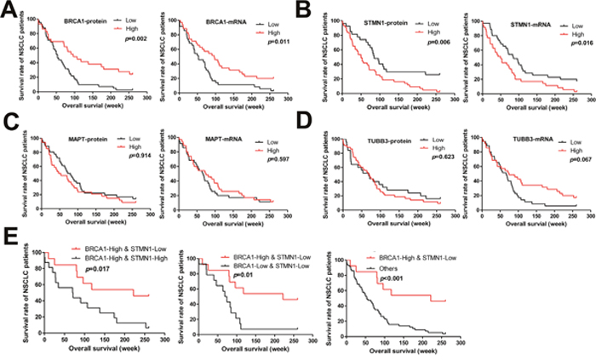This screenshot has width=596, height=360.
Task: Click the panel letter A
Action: [x=9, y=10]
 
